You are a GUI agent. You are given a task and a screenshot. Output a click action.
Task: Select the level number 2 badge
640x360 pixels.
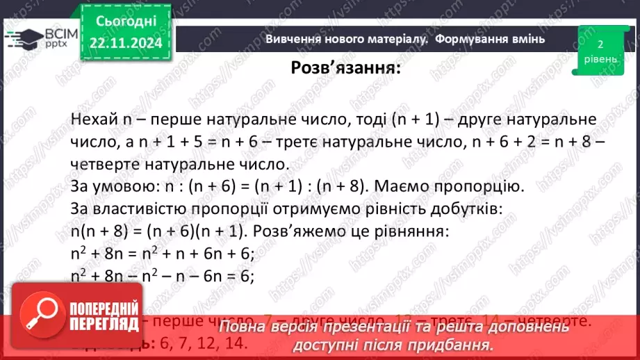[x=600, y=44]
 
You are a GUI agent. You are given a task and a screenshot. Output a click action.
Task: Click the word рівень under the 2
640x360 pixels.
[x=600, y=59]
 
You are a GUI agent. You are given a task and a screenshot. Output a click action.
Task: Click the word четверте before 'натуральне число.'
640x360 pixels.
[x=114, y=166]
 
